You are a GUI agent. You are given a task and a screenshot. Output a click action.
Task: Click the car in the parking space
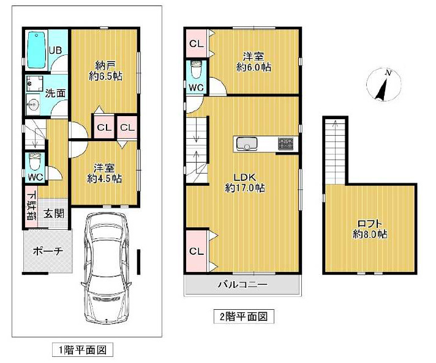(108, 266)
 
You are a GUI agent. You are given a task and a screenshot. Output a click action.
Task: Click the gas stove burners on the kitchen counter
(285, 144)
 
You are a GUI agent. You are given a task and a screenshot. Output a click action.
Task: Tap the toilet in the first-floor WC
(35, 163)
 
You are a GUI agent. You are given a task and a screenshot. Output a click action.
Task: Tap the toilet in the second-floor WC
(196, 71)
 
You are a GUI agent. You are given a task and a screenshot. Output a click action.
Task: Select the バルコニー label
(242, 285)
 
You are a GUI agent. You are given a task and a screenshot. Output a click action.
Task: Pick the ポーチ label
(47, 251)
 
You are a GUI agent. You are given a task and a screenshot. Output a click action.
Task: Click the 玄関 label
(54, 213)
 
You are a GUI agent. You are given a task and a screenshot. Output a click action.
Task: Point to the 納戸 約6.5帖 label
(103, 70)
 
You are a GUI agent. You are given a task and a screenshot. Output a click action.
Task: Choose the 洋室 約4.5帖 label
(104, 173)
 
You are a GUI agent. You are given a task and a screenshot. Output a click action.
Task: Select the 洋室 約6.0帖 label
(254, 61)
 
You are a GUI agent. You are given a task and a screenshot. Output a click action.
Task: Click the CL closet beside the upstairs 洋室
(196, 43)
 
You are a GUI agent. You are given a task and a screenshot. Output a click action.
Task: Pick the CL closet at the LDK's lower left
(196, 251)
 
